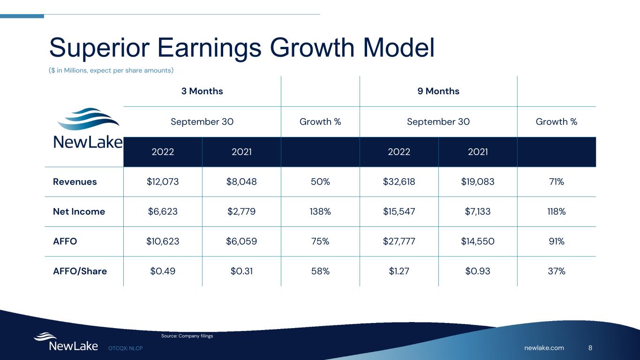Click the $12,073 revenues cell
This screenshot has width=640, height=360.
(163, 182)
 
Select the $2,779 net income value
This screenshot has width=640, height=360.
(241, 211)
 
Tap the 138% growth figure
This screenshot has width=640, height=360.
(320, 211)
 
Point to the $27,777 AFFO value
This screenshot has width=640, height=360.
(399, 241)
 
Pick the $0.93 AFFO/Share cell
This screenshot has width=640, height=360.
(478, 271)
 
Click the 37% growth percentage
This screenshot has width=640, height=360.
(557, 271)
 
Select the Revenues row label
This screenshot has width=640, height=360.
(75, 182)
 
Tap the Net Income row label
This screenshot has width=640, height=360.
(79, 211)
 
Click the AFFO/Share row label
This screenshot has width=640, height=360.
(80, 271)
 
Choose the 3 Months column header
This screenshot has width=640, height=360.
(202, 91)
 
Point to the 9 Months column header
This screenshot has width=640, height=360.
(438, 91)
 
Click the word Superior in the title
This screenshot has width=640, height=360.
(99, 48)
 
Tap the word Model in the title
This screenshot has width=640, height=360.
(399, 47)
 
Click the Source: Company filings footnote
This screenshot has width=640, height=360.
(187, 336)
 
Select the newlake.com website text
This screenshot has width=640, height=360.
(544, 348)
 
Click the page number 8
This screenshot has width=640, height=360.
(590, 348)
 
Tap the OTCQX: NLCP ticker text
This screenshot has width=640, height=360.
(125, 348)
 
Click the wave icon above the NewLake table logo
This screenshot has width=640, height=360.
(88, 119)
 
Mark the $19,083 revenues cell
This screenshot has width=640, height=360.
(478, 182)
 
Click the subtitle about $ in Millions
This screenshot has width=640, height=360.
(111, 70)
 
